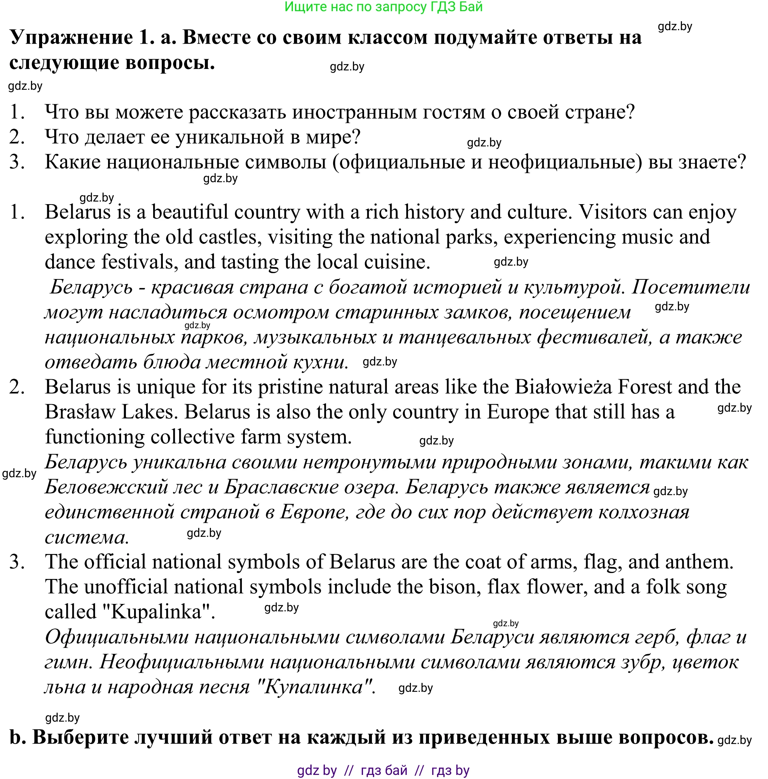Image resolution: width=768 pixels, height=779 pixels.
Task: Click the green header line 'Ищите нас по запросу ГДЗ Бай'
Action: point(383,7)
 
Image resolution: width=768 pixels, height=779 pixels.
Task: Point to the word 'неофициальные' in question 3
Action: point(565,162)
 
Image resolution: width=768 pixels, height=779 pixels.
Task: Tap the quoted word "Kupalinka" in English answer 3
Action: point(157,612)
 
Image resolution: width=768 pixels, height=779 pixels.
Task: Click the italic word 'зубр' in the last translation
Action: point(641,662)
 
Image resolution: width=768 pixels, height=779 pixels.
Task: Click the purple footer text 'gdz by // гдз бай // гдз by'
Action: point(383,770)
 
